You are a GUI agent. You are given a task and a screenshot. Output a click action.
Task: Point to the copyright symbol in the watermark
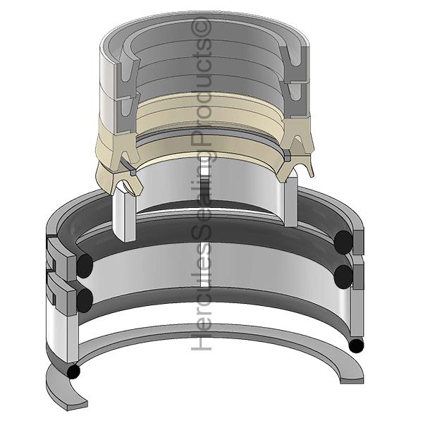pyautogui.click(x=201, y=27)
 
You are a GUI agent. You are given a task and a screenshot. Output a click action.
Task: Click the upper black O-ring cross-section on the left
pyautogui.click(x=85, y=266)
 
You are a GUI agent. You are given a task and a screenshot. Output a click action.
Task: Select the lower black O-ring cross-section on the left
pyautogui.click(x=85, y=300)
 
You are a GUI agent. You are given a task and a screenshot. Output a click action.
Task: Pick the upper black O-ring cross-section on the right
pyautogui.click(x=343, y=242)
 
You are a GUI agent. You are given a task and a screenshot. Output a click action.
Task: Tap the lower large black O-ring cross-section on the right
pyautogui.click(x=343, y=276)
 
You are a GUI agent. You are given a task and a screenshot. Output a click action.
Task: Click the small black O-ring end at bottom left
pyautogui.click(x=73, y=372)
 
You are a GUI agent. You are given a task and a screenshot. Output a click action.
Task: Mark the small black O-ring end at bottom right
pyautogui.click(x=356, y=346)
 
